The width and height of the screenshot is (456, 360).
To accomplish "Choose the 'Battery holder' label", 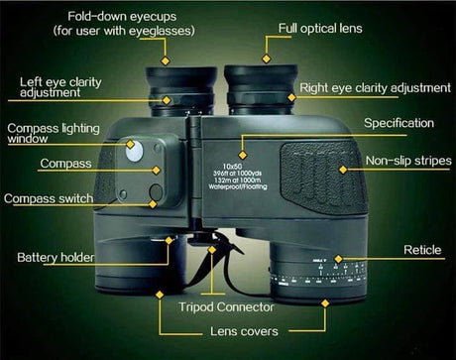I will [57, 258].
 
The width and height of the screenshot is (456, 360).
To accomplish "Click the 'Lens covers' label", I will [244, 331].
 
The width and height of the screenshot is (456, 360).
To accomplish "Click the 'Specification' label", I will [399, 123].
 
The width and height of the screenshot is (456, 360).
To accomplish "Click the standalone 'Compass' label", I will [66, 162].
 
